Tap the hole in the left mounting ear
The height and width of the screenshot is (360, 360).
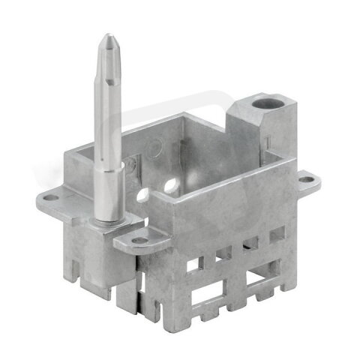click(49, 198)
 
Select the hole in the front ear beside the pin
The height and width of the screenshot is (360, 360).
click(140, 241)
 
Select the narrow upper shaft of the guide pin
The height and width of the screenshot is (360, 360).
click(107, 97)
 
